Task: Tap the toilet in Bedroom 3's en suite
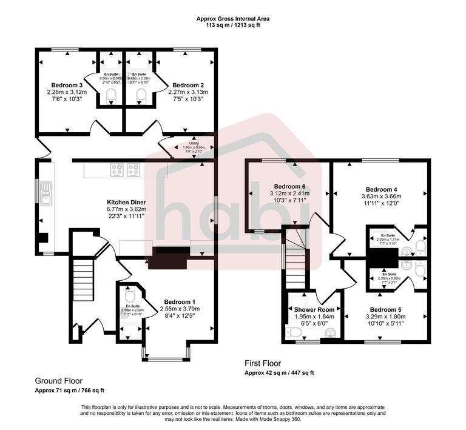(110, 94)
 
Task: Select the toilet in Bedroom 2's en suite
(141, 94)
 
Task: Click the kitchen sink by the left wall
(44, 196)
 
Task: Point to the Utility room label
(185, 143)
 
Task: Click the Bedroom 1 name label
(180, 301)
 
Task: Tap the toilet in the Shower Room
(294, 332)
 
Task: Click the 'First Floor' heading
(263, 363)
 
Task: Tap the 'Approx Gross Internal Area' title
(233, 19)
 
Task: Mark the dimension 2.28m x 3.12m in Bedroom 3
(67, 92)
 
